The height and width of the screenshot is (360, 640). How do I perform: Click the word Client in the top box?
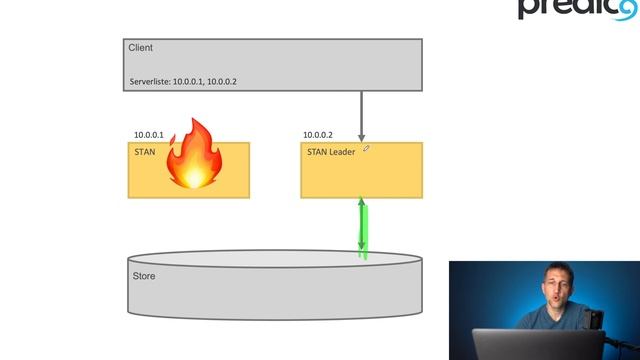[x=140, y=48]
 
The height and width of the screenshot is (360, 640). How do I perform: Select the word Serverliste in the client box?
[x=150, y=81]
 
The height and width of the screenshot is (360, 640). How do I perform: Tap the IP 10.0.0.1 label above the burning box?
[x=149, y=135]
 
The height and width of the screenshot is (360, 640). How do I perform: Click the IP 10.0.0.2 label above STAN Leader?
[x=318, y=135]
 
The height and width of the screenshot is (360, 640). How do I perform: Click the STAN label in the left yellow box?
[x=144, y=152]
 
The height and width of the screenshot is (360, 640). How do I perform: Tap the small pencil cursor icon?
[x=367, y=148]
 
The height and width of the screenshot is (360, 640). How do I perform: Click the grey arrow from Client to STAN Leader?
[x=362, y=110]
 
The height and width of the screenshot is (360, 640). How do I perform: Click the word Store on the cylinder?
[x=144, y=276]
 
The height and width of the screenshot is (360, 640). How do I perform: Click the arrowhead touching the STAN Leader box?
[x=362, y=137]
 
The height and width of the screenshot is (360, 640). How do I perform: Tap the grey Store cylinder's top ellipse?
[x=270, y=259]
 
